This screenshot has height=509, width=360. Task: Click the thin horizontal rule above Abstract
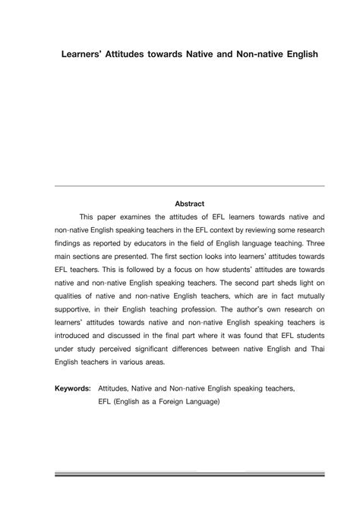pos(190,185)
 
